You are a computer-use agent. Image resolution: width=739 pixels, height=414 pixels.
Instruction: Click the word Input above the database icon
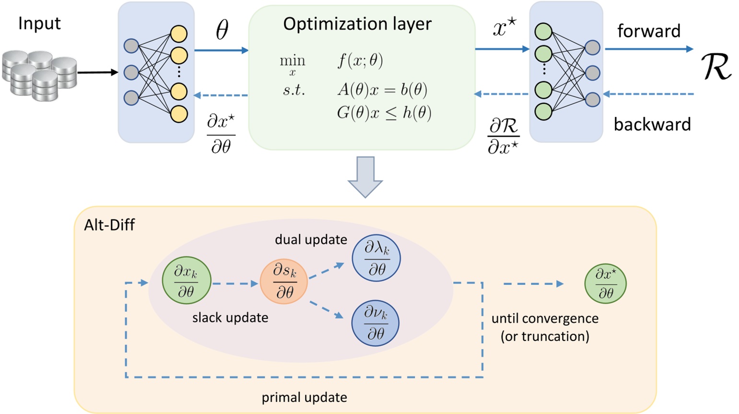pyautogui.click(x=39, y=23)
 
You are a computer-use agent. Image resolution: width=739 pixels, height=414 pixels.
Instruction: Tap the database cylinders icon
pyautogui.click(x=39, y=75)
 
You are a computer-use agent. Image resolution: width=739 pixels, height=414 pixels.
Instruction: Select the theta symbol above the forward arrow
pyautogui.click(x=222, y=30)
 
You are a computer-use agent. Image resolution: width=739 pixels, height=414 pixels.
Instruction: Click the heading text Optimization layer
pyautogui.click(x=357, y=24)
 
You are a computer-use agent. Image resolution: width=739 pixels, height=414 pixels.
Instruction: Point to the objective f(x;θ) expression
pyautogui.click(x=360, y=61)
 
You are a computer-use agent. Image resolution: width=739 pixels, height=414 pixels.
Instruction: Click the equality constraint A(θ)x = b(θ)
pyautogui.click(x=382, y=90)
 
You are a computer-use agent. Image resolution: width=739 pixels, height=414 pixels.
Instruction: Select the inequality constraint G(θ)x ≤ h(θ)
pyautogui.click(x=384, y=113)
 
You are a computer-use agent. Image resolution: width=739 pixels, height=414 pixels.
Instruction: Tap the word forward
pyautogui.click(x=648, y=31)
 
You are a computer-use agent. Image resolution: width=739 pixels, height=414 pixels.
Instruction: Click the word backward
pyautogui.click(x=652, y=124)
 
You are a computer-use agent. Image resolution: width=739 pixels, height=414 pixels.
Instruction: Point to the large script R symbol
pyautogui.click(x=716, y=67)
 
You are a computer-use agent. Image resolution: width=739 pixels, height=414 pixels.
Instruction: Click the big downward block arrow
pyautogui.click(x=365, y=177)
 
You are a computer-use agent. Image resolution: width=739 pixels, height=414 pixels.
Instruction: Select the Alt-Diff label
pyautogui.click(x=109, y=225)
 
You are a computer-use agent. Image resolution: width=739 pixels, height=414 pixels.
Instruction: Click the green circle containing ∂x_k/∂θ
pyautogui.click(x=186, y=281)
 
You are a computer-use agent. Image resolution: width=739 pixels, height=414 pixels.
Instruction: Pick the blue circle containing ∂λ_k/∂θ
pyautogui.click(x=376, y=258)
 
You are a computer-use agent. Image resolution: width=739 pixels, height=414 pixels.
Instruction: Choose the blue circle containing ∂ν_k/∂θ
pyautogui.click(x=375, y=322)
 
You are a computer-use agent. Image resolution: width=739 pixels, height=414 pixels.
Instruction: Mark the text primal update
pyautogui.click(x=304, y=398)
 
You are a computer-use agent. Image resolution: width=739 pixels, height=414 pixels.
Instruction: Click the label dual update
pyautogui.click(x=311, y=239)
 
